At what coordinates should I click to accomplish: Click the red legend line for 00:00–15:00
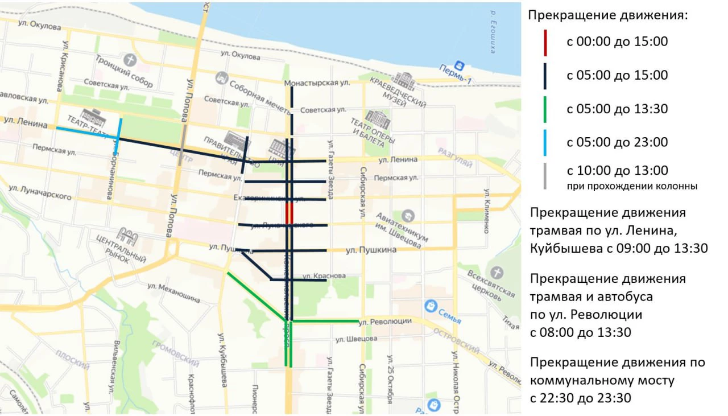545,43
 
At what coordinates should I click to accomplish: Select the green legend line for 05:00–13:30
545,109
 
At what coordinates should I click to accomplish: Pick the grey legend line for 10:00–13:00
545,176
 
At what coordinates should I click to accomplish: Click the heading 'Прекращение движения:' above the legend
608,15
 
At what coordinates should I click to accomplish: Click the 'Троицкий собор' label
125,72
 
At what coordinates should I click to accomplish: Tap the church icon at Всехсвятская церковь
497,273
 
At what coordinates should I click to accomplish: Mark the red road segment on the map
289,213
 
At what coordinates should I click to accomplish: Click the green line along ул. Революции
325,322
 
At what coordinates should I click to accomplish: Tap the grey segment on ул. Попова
183,145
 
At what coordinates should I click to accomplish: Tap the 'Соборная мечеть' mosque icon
221,77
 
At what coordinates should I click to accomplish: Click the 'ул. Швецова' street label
355,339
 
